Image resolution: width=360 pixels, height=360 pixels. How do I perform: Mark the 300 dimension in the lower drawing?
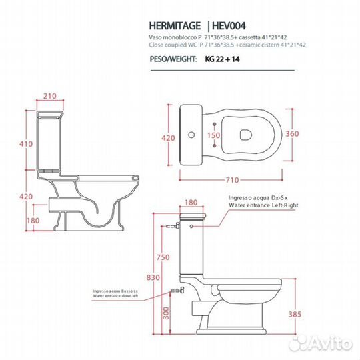pyautogui.click(x=173, y=311)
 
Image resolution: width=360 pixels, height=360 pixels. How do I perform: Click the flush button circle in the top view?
pyautogui.click(x=192, y=136)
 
